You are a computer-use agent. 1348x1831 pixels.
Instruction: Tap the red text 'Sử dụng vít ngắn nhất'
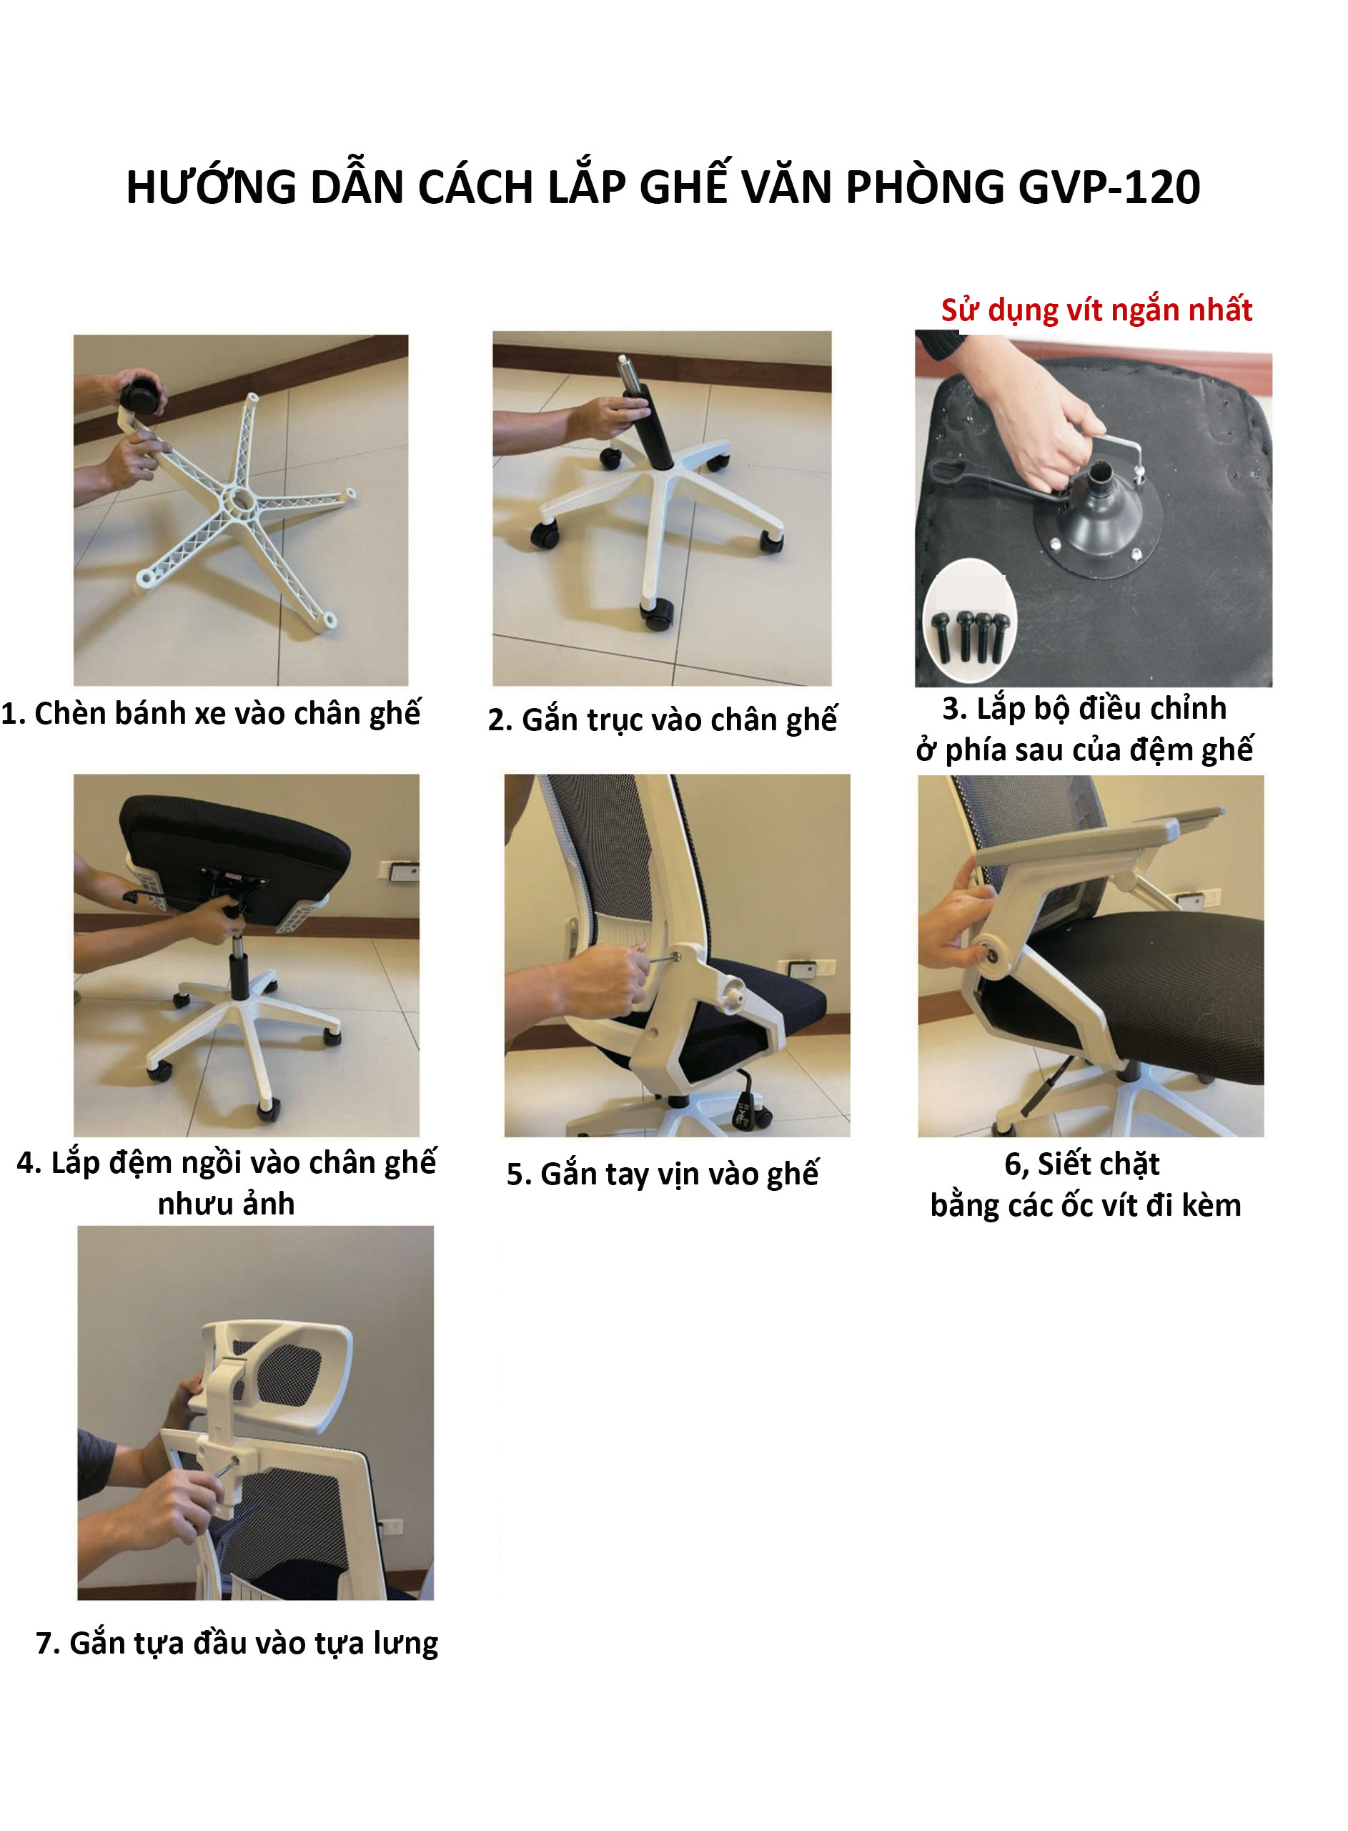tap(1096, 310)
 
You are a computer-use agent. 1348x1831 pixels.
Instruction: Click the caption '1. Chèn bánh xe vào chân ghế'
tap(211, 714)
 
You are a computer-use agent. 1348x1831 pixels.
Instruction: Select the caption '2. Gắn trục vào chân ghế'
tap(663, 720)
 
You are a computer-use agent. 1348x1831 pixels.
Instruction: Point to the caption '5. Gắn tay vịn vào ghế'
tap(663, 1174)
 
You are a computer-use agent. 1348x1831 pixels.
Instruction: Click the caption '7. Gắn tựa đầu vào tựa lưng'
tap(237, 1642)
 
